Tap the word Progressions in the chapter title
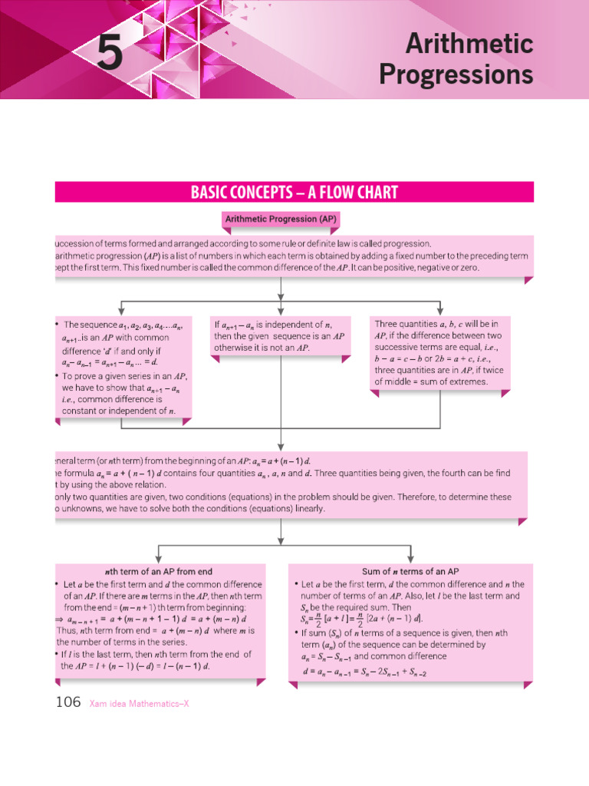(456, 75)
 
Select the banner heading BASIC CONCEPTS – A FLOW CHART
(294, 192)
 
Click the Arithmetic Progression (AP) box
(281, 220)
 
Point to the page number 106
(68, 702)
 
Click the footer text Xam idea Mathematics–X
(139, 703)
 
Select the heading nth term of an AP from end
(158, 572)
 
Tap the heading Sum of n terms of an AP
(410, 572)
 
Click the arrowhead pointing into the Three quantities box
(440, 310)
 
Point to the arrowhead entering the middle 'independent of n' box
(281, 310)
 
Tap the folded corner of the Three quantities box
(505, 393)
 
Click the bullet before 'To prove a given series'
(58, 376)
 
